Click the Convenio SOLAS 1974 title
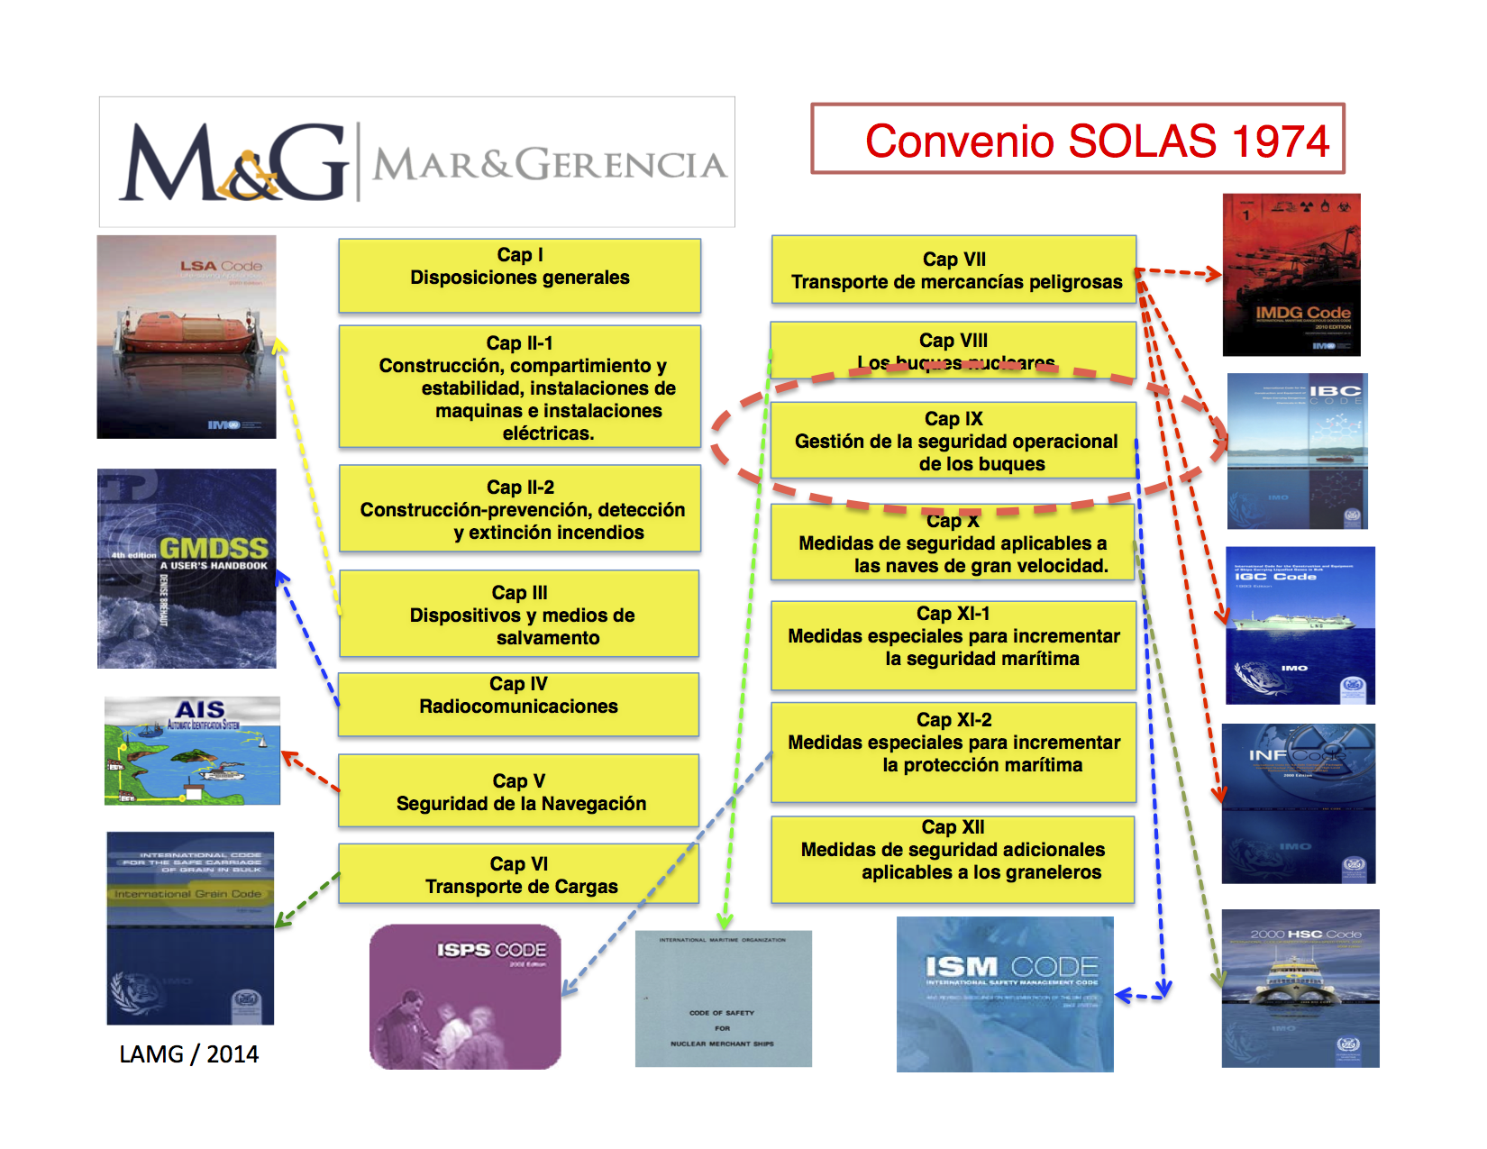(x=1096, y=141)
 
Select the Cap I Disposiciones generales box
(x=520, y=275)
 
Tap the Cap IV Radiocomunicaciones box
(x=519, y=704)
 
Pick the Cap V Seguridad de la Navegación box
(x=519, y=791)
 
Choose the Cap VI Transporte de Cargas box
(x=519, y=874)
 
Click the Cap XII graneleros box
(x=953, y=859)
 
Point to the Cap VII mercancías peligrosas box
(x=953, y=269)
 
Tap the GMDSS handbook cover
(x=187, y=568)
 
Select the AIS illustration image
(x=192, y=751)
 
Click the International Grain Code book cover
(x=190, y=928)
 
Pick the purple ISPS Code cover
(x=465, y=997)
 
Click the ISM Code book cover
(x=1005, y=994)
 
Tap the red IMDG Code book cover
(x=1291, y=275)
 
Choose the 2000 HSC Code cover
(x=1300, y=989)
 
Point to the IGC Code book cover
(x=1300, y=625)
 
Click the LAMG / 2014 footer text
(x=188, y=1053)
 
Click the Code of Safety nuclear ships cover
(x=723, y=999)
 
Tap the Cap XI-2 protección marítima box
(x=953, y=752)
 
